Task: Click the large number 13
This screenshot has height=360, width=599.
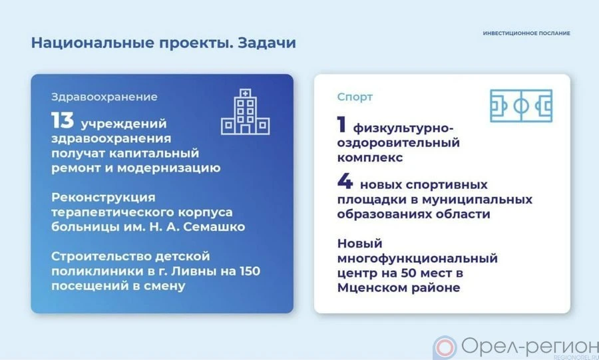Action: click(x=63, y=120)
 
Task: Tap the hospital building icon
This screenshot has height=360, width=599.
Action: click(x=245, y=112)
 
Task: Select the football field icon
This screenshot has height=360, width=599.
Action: click(x=521, y=106)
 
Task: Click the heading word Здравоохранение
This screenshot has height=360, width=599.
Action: click(x=104, y=97)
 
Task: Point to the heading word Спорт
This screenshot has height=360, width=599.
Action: click(x=355, y=97)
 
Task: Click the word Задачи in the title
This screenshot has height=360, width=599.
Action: click(x=267, y=43)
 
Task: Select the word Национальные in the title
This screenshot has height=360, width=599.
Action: click(x=93, y=43)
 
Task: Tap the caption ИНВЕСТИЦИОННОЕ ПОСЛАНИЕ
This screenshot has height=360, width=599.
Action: click(x=526, y=33)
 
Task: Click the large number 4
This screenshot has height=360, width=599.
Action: click(x=345, y=181)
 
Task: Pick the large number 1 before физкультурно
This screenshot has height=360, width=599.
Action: click(x=341, y=124)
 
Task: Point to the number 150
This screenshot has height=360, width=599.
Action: click(x=250, y=271)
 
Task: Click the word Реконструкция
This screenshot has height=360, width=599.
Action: click(x=104, y=198)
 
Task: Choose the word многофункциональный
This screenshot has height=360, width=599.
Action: click(x=417, y=259)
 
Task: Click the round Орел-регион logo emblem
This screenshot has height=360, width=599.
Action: click(x=445, y=348)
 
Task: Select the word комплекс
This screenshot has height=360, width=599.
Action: click(x=370, y=158)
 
